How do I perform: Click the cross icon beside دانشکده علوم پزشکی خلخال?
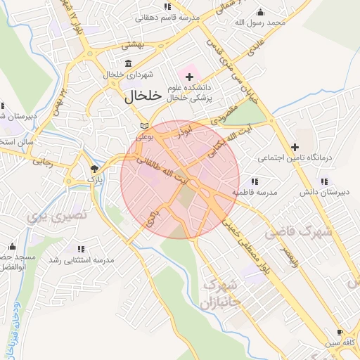click(x=189, y=75)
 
